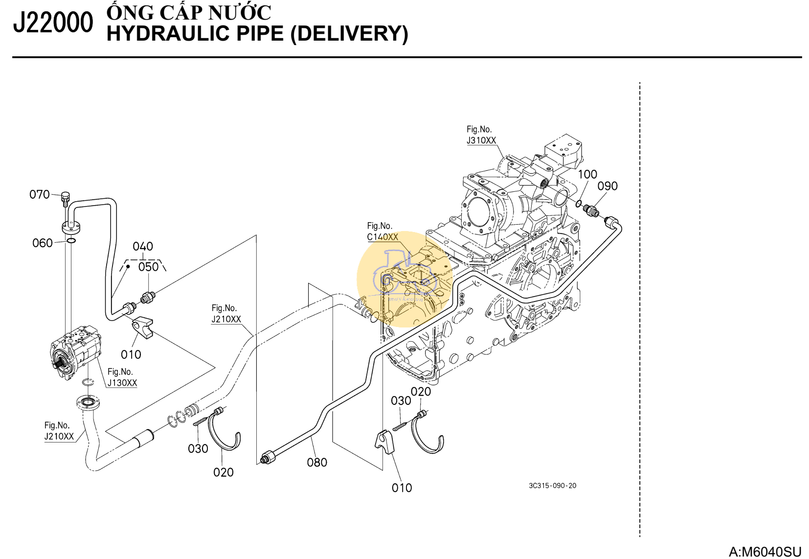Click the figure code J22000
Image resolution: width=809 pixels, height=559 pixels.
[53, 23]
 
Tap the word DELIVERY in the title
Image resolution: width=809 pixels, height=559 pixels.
[349, 34]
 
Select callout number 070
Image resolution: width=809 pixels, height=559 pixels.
[39, 194]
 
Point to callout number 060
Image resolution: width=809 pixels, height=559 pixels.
[43, 243]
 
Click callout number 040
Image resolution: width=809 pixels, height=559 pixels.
[143, 246]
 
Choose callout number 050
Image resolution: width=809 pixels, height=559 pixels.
[148, 267]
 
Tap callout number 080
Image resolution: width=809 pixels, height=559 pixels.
[317, 462]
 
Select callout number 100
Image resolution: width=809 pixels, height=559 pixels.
[587, 175]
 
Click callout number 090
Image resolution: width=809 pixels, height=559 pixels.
[607, 186]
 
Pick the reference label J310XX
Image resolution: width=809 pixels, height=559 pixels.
[481, 140]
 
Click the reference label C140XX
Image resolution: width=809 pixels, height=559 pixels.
[382, 237]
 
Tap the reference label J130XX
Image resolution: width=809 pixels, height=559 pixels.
[122, 383]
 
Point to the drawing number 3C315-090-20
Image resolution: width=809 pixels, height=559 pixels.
[553, 486]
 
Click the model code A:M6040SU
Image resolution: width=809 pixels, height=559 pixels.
[765, 552]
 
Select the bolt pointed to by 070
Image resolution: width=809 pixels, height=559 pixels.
[66, 199]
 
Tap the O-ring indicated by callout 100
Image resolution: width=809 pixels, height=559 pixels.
[579, 204]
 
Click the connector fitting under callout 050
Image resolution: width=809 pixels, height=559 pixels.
[147, 298]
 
